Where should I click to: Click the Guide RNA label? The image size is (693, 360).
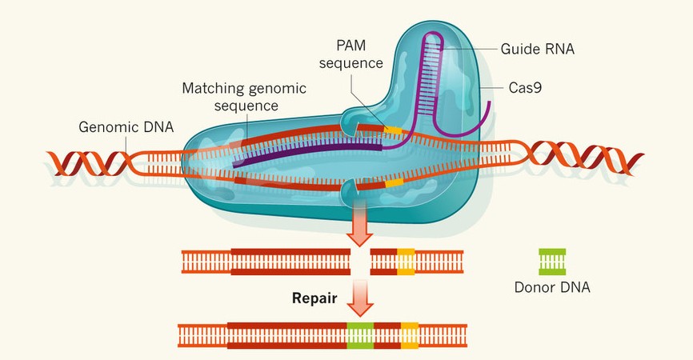pos(539,49)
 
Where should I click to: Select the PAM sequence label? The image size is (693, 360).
pos(354,53)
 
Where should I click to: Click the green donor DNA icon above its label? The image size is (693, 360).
pos(552,261)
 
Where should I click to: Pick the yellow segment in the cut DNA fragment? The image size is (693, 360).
pos(406,261)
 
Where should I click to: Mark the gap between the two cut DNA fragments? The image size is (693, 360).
pos(362,261)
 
